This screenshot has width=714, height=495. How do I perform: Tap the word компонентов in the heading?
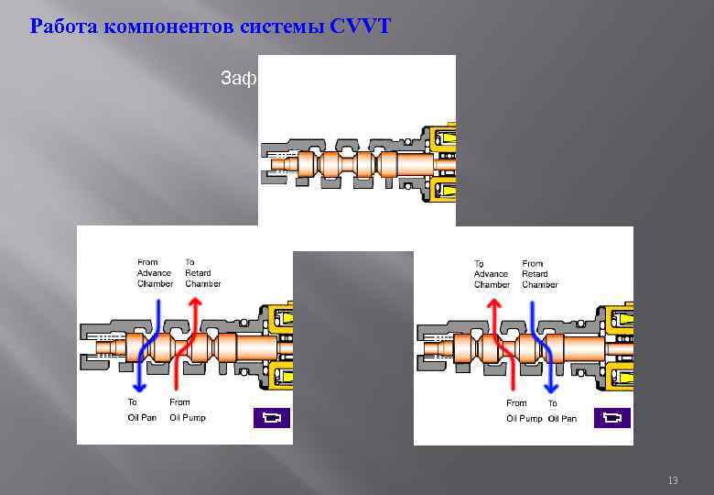(x=162, y=26)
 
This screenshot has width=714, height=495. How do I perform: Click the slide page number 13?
(x=673, y=480)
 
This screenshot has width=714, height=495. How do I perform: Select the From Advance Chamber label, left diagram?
(x=155, y=273)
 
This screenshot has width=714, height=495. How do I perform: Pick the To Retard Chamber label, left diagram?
(x=201, y=273)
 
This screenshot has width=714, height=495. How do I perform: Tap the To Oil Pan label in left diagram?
(x=142, y=410)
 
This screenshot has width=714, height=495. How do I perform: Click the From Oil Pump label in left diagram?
(x=187, y=410)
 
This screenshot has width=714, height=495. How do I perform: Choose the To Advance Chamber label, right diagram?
(x=491, y=274)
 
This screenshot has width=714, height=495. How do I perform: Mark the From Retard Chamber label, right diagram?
(x=539, y=274)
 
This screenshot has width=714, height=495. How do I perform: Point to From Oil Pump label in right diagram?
(x=524, y=411)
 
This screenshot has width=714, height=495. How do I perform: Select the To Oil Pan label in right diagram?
(x=562, y=411)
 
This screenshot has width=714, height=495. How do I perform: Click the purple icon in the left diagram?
(x=271, y=418)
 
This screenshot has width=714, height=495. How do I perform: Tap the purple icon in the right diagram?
(x=611, y=418)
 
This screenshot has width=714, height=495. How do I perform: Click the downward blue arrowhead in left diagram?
(x=137, y=384)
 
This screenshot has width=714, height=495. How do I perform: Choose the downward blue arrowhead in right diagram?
(x=550, y=384)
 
